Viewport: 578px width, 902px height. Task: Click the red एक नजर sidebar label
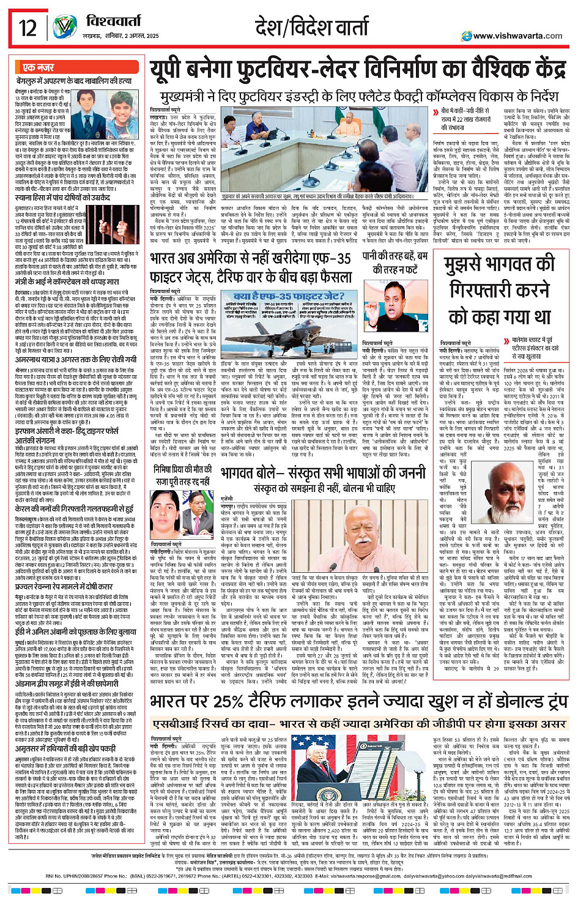(38, 67)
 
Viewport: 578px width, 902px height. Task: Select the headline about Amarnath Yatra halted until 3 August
(75, 343)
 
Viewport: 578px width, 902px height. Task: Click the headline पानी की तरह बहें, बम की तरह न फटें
(396, 263)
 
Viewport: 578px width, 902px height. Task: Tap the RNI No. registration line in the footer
(289, 876)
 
